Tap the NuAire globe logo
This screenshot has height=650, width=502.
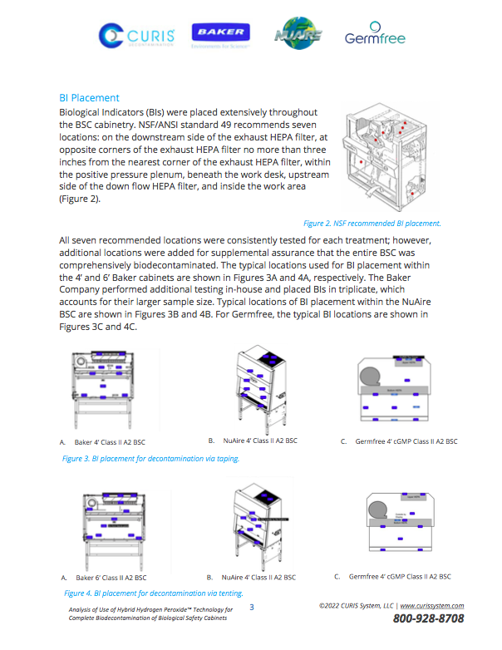click(x=297, y=34)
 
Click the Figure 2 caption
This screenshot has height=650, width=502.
click(x=372, y=223)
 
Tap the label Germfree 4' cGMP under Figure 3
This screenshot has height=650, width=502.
click(x=404, y=441)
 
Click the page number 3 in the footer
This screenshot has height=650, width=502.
click(x=252, y=608)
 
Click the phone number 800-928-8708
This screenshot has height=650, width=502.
click(x=428, y=619)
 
